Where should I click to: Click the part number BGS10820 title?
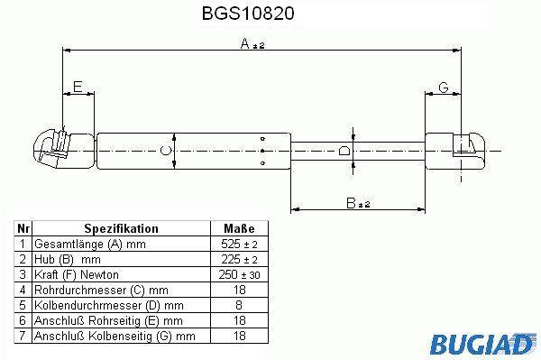(x=248, y=14)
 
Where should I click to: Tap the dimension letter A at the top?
(x=244, y=43)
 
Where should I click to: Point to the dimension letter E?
(x=78, y=87)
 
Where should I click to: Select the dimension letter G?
(x=444, y=88)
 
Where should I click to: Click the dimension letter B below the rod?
(x=351, y=203)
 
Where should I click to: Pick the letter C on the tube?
(x=166, y=151)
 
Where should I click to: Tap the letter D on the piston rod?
(x=344, y=151)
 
